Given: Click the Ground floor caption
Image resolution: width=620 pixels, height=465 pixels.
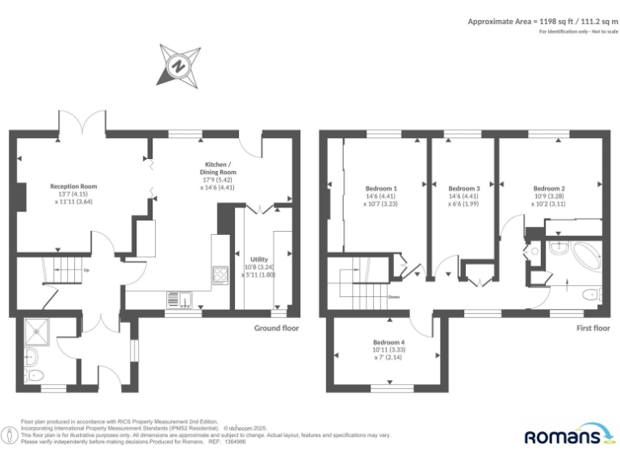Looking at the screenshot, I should coord(276,328).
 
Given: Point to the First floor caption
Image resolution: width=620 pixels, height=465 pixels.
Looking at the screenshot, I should coord(593,328).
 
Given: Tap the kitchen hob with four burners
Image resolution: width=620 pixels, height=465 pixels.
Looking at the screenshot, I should coord(220,274).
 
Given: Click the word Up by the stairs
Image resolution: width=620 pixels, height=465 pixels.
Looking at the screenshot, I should coord(86,270).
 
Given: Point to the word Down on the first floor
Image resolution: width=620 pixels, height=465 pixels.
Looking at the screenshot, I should coord(394,296).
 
